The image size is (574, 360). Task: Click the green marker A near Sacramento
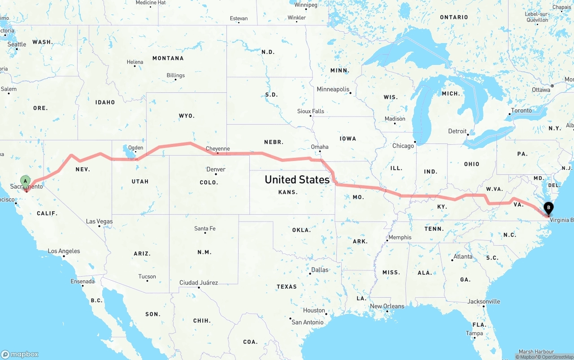[26, 182]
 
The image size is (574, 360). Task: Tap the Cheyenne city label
[217, 149]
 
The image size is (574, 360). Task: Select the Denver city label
[216, 169]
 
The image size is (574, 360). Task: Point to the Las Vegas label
[99, 221]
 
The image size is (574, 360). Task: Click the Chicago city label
[403, 146]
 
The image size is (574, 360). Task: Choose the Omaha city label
[320, 147]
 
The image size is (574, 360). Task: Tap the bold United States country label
[297, 179]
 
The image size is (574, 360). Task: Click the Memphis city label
[400, 237]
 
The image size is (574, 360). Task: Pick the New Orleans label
[387, 306]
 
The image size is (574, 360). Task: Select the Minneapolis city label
[333, 89]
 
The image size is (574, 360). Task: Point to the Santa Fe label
[204, 229]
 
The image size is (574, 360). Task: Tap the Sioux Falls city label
[310, 111]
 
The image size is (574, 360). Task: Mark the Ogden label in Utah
[135, 147]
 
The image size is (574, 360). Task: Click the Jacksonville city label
[483, 301]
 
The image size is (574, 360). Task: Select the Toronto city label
[521, 110]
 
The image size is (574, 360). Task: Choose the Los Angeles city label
[64, 251]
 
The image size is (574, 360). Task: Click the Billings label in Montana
[175, 75]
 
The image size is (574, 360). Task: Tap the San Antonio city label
[307, 322]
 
